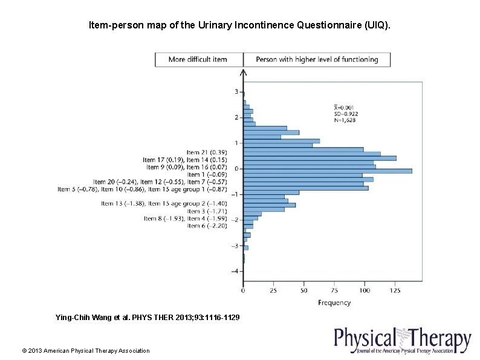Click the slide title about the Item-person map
(239, 25)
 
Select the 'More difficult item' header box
(199, 59)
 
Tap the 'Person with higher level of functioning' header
(317, 59)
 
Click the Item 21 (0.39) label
(207, 152)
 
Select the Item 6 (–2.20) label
(207, 226)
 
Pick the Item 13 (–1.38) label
(123, 204)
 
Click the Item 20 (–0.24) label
(115, 182)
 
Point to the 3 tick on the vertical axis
(236, 92)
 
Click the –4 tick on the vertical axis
(234, 272)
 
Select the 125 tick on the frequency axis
(395, 291)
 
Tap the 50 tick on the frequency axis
(303, 291)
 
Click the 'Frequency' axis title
(334, 303)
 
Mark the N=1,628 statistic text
(345, 120)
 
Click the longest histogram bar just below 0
(327, 171)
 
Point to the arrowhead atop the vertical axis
(243, 72)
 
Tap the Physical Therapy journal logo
(402, 341)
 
